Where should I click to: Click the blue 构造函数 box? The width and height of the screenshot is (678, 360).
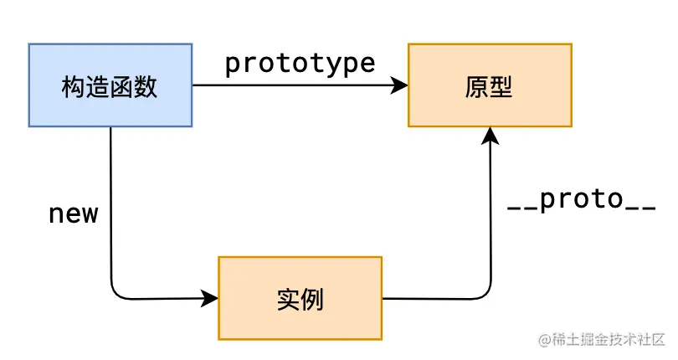[110, 85]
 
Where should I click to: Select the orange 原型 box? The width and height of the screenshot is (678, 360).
[490, 85]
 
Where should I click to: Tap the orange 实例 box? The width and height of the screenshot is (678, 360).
[300, 298]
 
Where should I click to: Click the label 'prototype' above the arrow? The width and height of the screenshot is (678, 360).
[300, 64]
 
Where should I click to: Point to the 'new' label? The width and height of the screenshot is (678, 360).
[74, 213]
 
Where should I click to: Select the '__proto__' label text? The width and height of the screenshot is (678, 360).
[581, 201]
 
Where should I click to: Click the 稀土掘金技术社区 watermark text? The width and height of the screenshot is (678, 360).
[609, 340]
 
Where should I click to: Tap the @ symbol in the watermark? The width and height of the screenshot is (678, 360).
[545, 340]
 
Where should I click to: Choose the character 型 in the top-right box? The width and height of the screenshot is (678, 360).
[501, 86]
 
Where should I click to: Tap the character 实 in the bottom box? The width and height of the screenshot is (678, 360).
[287, 299]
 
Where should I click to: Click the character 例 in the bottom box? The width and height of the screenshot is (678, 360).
[312, 299]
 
